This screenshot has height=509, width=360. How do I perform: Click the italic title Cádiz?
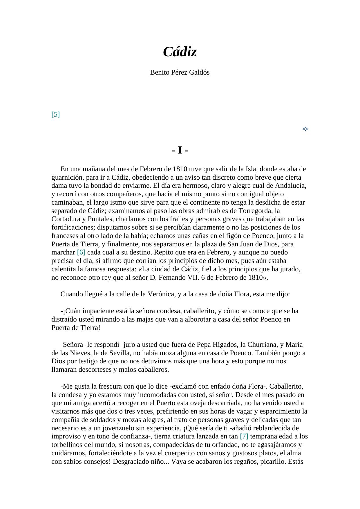point(180,52)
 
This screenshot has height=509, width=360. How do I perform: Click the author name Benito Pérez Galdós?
point(180,73)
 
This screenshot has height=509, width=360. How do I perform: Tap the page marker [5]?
point(55,114)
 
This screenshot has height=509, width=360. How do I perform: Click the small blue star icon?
point(305,129)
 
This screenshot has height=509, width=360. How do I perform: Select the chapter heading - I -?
point(180,150)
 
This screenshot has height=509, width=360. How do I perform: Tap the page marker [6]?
point(81,252)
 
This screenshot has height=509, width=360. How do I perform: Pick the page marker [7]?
point(244,436)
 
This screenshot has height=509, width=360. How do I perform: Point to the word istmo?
point(109,203)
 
